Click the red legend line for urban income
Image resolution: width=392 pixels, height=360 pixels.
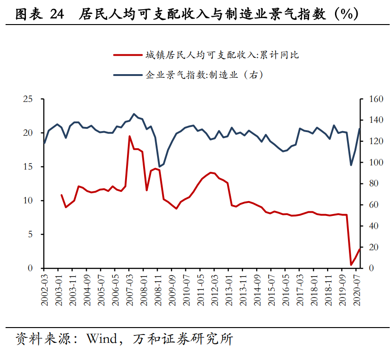127,55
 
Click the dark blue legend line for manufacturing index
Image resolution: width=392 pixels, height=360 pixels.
127,74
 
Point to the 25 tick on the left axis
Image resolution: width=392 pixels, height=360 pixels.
29,99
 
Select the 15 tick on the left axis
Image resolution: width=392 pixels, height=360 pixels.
29,167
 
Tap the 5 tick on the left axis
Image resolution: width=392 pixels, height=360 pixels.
31,234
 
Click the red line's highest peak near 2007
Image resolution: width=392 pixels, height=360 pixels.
129,136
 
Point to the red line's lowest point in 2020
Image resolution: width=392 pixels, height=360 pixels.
351,265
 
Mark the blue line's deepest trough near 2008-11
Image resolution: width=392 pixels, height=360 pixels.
159,166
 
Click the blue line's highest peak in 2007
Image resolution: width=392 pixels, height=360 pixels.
134,114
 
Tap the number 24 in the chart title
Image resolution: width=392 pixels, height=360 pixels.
57,15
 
